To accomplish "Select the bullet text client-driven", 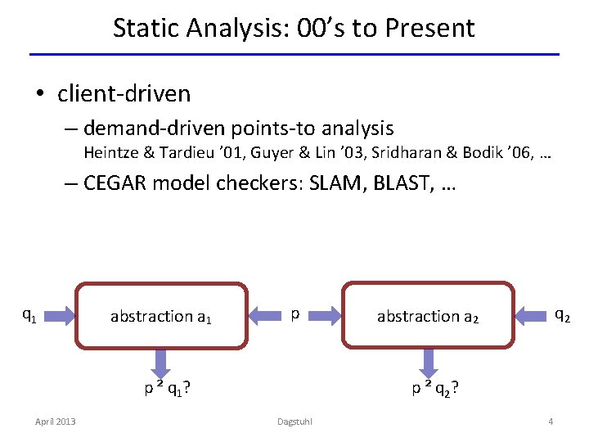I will pos(124,93).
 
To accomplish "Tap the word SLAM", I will pos(337,183).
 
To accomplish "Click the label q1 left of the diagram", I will pos(28,314).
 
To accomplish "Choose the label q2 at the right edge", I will pos(562,314).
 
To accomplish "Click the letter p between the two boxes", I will pos(294,314).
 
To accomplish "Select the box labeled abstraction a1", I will pos(161,316).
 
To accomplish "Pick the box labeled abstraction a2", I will pos(428,316).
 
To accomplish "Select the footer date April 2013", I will pos(55,422).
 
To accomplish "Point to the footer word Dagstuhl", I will pos(294,422).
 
